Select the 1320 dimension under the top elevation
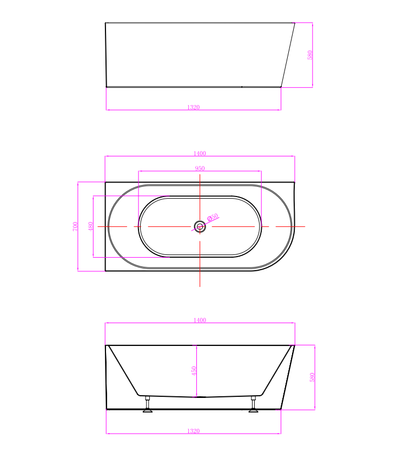(194, 107)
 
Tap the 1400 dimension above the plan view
(200, 154)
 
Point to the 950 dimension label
(200, 168)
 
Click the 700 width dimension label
(76, 226)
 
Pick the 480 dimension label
(90, 226)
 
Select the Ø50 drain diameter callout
(213, 218)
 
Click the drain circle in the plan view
(200, 226)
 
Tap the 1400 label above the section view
(200, 320)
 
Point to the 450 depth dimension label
(194, 371)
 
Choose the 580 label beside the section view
(312, 377)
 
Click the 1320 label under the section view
(194, 431)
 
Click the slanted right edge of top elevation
(288, 54)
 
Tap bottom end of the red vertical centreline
(200, 286)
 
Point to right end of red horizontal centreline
(305, 226)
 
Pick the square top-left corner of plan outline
(105, 182)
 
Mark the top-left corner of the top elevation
(105, 23)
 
